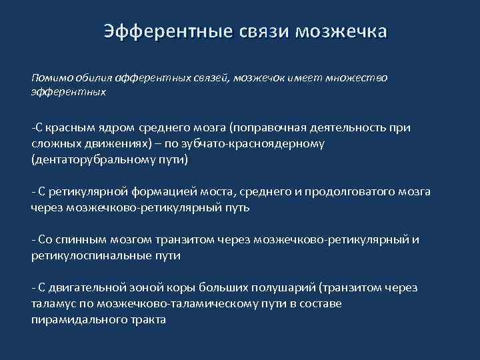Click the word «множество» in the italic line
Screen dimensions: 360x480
[x=357, y=77]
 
